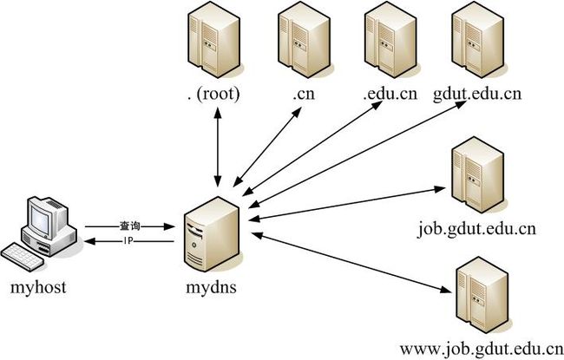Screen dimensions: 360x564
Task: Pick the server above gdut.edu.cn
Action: tap(474, 40)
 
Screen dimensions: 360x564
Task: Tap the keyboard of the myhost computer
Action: tap(26, 257)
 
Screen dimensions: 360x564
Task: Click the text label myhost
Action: tap(39, 286)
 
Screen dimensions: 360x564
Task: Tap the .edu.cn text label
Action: tap(390, 94)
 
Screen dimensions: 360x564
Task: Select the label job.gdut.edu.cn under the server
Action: tap(476, 229)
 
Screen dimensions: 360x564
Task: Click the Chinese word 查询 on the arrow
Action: tap(129, 225)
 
